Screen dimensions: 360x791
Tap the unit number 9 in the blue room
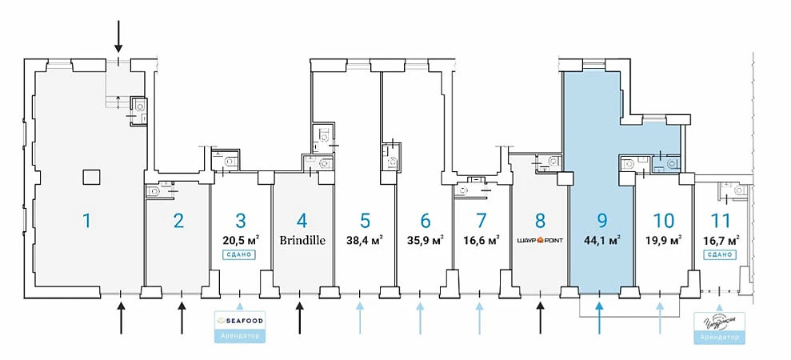pos(601,220)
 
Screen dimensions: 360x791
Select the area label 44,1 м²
pos(601,239)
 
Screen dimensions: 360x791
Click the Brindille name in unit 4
pos(302,239)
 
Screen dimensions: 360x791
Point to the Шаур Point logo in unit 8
pos(541,239)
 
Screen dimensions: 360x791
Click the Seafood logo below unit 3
pos(240,321)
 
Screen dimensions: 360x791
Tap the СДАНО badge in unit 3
pos(240,254)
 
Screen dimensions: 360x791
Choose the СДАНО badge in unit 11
pos(720,254)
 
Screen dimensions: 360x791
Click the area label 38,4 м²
pos(365,239)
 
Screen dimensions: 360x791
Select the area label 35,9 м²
pos(425,239)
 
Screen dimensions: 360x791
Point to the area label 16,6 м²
pos(481,239)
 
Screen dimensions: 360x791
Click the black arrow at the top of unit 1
pos(118,36)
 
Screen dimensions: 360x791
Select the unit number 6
pos(425,220)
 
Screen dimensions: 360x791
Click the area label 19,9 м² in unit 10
pos(663,239)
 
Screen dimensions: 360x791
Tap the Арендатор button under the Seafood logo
pos(240,336)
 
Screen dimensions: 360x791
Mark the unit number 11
pos(720,220)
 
